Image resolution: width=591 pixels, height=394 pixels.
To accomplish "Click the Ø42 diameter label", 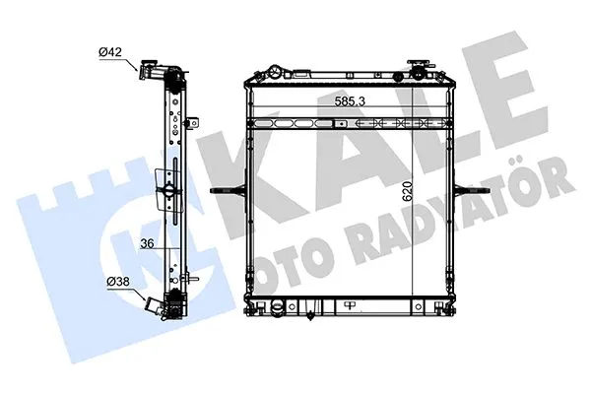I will pyautogui.click(x=112, y=51).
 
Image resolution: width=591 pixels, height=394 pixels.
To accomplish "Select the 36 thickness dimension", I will pyautogui.click(x=146, y=246).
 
